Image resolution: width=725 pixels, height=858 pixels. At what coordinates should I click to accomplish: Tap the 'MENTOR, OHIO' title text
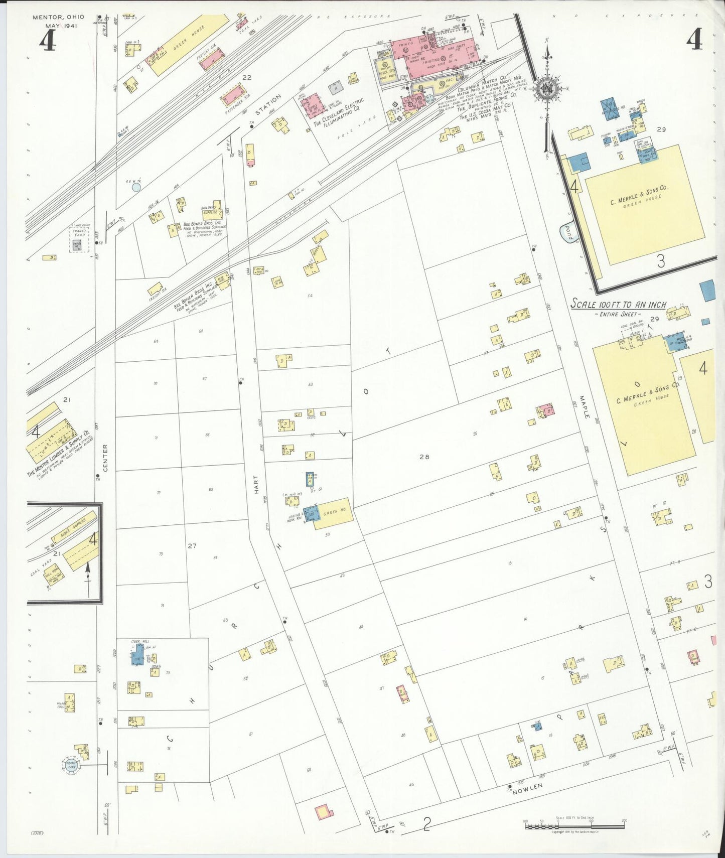(59, 17)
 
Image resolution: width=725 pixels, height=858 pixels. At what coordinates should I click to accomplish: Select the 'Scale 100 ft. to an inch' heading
(619, 305)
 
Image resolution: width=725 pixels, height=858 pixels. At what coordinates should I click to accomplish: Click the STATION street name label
(268, 104)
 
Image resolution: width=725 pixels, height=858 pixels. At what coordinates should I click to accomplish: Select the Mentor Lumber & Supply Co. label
(59, 454)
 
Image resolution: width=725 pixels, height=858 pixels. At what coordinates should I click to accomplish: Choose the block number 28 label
(425, 457)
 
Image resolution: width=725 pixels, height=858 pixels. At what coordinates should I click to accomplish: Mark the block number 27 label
(192, 545)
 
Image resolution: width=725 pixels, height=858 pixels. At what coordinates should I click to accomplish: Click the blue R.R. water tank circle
(136, 188)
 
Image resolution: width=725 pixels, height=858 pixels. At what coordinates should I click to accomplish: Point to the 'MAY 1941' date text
(61, 26)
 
